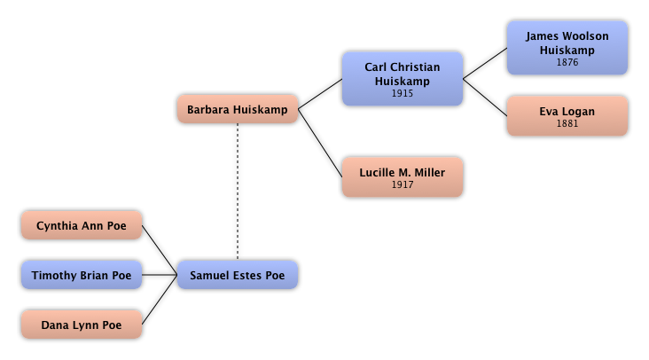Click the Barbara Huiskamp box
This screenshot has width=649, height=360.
[x=238, y=110]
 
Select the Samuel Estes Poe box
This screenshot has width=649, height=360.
[x=238, y=275]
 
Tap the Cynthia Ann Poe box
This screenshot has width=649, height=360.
[x=82, y=226]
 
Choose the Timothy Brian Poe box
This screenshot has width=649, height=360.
[x=82, y=276]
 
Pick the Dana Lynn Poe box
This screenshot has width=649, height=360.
[x=82, y=325]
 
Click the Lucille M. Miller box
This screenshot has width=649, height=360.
[x=403, y=177]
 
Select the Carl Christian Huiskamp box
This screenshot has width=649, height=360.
[x=403, y=79]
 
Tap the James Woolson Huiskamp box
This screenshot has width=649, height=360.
[x=567, y=48]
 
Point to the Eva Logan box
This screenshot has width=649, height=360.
[x=567, y=116]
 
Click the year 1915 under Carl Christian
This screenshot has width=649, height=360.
[x=403, y=93]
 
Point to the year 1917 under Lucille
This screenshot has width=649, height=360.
[x=403, y=185]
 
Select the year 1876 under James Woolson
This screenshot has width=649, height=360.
[x=567, y=63]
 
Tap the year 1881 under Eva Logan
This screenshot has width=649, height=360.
[x=567, y=124]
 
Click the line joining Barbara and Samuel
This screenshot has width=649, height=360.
[x=238, y=191]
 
